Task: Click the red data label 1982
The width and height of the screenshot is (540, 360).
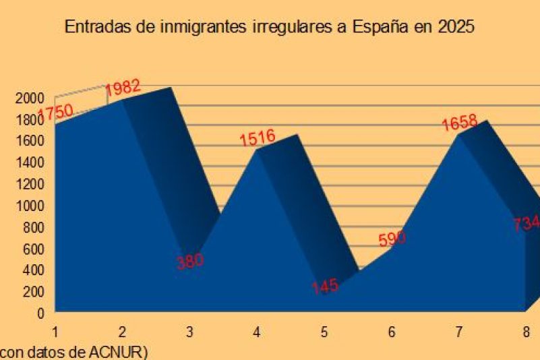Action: click(x=123, y=88)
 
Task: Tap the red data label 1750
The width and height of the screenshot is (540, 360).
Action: click(x=55, y=111)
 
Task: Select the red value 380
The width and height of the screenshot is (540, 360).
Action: click(x=190, y=261)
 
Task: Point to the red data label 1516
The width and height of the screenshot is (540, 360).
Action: click(x=258, y=138)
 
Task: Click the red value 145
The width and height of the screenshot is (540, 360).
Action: click(x=325, y=286)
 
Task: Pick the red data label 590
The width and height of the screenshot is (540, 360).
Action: click(x=392, y=239)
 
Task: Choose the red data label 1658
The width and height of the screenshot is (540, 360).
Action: click(x=459, y=123)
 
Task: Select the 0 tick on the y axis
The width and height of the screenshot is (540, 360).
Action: click(x=40, y=313)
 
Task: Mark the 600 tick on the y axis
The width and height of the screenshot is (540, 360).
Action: click(x=32, y=249)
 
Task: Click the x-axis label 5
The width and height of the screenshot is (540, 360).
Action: click(x=324, y=332)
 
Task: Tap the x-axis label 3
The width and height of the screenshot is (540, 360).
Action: click(x=189, y=332)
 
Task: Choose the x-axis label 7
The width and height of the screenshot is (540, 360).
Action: click(x=459, y=332)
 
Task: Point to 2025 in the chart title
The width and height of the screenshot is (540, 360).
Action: click(x=456, y=28)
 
